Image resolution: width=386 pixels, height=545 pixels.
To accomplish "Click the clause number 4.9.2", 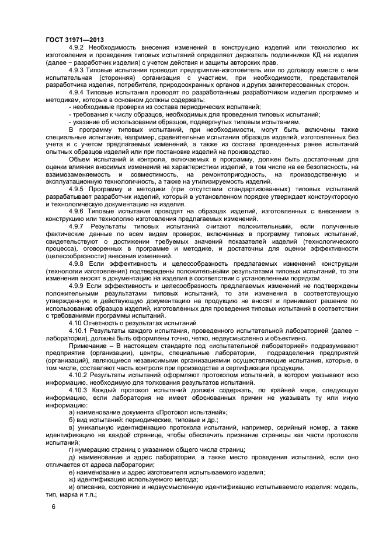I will tap(77, 47).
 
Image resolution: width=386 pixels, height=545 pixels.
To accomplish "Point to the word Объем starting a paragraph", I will tap(79, 159).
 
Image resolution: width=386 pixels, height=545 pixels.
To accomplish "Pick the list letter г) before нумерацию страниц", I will tap(71, 449).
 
